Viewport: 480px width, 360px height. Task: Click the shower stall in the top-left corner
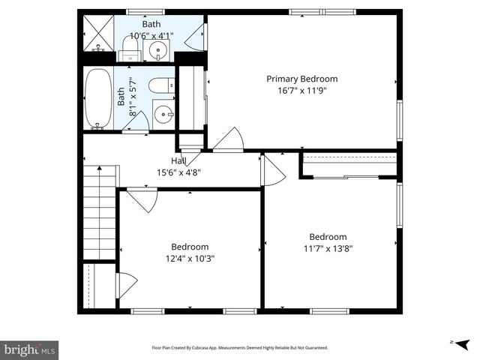coord(96,33)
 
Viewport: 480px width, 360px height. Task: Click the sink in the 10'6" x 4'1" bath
coord(158,50)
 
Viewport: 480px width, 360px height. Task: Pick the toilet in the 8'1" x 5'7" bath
coord(160,86)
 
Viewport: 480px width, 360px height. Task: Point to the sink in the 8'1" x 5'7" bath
coord(163,115)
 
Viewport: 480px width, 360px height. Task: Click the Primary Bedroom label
coord(302,79)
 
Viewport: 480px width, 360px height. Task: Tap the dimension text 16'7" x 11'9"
coord(302,91)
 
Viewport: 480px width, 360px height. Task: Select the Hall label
coord(178,160)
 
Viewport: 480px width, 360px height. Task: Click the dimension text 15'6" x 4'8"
coord(178,172)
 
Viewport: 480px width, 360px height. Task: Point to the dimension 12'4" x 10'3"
coord(190,258)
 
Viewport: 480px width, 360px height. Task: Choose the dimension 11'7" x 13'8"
coord(328,248)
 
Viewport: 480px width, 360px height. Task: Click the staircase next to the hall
coord(99,213)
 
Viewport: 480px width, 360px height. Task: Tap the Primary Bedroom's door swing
coord(229,141)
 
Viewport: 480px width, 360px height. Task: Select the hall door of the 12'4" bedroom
coord(140,199)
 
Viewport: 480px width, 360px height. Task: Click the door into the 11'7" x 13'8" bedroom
coord(272,170)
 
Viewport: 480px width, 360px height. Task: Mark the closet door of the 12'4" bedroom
coord(126,286)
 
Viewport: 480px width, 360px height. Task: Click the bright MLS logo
coord(30,349)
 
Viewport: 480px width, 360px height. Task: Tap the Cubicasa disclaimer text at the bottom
coord(240,348)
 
